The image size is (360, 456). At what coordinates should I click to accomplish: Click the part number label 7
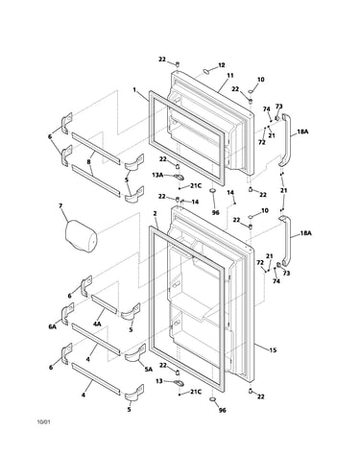60,205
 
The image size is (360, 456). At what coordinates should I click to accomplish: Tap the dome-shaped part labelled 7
81,235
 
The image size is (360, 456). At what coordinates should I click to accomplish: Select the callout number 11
230,76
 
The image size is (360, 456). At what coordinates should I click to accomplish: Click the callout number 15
273,350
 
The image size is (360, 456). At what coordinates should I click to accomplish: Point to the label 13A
157,175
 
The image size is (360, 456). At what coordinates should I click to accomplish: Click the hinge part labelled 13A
179,177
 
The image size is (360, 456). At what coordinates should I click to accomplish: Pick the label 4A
97,324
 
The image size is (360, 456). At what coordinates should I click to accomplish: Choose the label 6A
52,326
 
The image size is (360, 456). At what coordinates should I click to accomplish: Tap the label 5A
148,370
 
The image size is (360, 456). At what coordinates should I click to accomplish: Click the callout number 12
222,65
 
